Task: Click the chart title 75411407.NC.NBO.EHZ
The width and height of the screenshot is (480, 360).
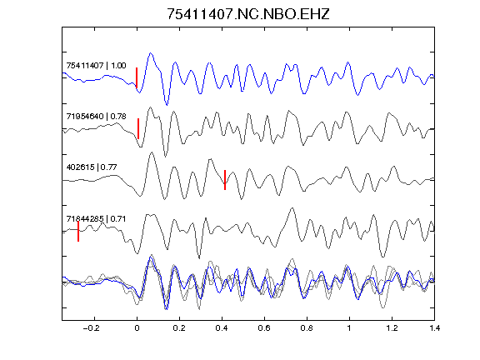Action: coord(248,14)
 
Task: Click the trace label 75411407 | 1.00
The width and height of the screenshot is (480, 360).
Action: coord(96,66)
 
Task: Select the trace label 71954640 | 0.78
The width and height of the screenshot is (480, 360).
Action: coord(96,117)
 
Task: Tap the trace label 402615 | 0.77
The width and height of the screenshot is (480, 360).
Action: coord(92,167)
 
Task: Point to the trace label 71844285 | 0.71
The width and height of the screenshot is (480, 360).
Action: coord(96,218)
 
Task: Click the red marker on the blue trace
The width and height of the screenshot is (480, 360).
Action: coord(137,77)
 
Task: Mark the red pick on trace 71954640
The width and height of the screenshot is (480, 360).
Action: coord(138,129)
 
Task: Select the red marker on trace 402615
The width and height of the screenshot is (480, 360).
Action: coord(225,180)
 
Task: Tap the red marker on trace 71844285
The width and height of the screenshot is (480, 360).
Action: coord(78,231)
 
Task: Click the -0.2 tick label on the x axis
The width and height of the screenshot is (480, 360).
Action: coord(92,328)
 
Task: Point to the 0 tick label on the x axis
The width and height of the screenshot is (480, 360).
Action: coord(137,328)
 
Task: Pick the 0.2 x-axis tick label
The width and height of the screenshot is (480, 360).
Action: coord(179,328)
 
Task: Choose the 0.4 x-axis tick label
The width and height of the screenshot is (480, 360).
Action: coord(222,328)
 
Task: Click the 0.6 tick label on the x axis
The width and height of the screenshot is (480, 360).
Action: coord(264,328)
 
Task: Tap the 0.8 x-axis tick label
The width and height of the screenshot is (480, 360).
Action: coord(307,328)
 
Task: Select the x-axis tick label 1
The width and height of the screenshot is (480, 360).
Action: coord(349,328)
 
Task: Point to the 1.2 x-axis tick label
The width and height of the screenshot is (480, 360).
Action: coord(392,328)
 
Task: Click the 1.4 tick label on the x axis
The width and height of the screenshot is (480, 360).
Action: coord(434,328)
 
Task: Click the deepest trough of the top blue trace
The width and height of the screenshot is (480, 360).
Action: coord(167,105)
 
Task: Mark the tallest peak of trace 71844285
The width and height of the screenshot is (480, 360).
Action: coord(292,208)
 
